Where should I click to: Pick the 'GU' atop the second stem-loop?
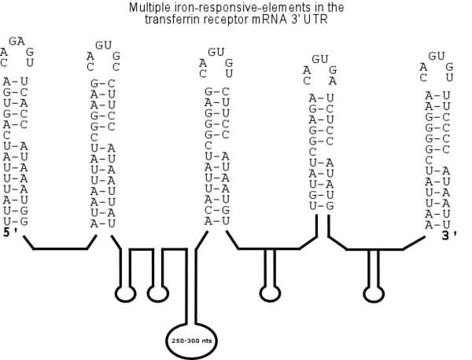click(x=104, y=46)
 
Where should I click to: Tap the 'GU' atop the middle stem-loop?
click(x=216, y=52)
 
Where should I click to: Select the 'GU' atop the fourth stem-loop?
click(x=319, y=59)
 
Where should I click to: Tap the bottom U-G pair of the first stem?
click(x=16, y=221)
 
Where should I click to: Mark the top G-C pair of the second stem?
click(x=104, y=83)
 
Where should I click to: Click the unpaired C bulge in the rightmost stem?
click(x=428, y=160)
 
